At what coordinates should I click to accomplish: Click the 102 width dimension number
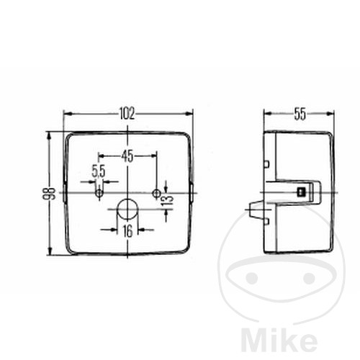click(127, 114)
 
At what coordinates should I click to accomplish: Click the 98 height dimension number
click(49, 193)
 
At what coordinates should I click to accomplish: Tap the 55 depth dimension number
click(300, 114)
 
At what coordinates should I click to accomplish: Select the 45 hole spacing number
click(127, 156)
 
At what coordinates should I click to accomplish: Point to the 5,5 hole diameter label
click(99, 171)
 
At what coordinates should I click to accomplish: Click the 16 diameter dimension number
click(127, 231)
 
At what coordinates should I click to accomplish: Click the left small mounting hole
click(99, 193)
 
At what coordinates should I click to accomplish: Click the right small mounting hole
click(156, 193)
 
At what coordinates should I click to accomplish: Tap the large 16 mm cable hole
click(127, 210)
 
